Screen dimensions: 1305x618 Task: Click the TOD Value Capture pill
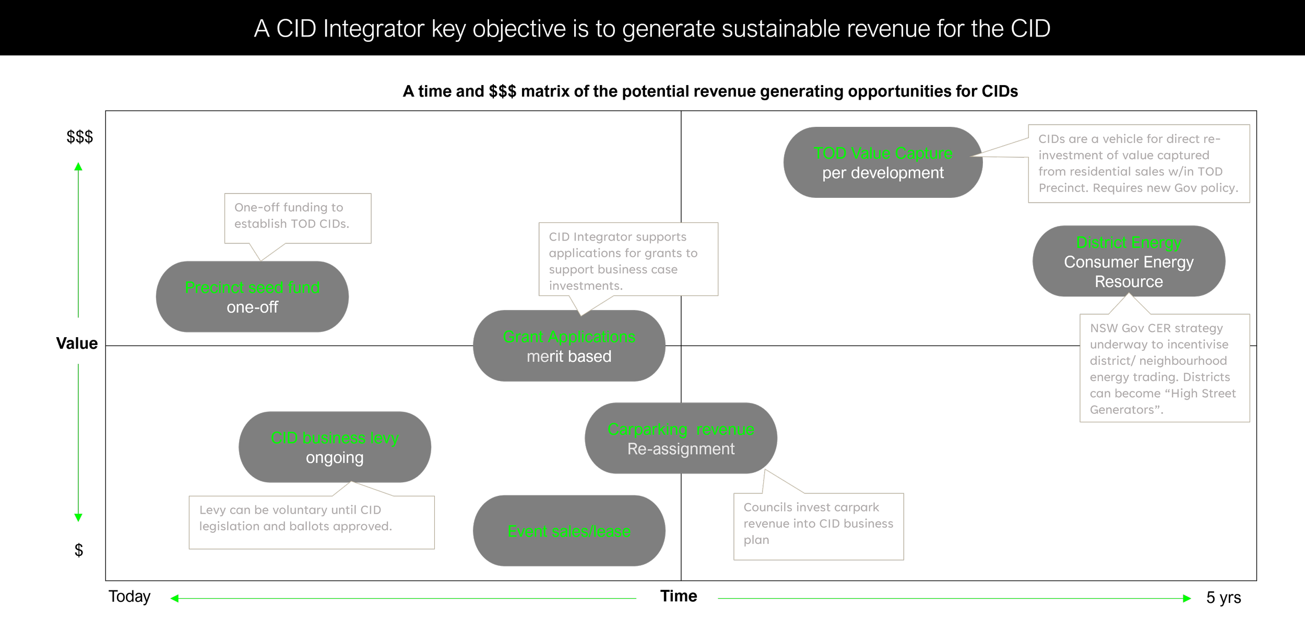[x=883, y=162]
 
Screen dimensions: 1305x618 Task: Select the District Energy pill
[x=1129, y=261]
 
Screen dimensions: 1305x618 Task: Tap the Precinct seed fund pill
[x=252, y=296]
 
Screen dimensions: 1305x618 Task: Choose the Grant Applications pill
[x=569, y=346]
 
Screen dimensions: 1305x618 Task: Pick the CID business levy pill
[x=335, y=447]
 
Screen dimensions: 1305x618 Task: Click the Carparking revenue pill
[x=681, y=438]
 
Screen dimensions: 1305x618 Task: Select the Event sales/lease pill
[x=569, y=531]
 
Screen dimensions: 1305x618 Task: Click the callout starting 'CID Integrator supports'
[x=628, y=259]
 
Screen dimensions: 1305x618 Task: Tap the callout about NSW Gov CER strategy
[x=1164, y=368]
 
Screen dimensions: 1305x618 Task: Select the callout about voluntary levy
[x=311, y=521]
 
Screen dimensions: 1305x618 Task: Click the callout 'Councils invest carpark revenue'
[x=818, y=526]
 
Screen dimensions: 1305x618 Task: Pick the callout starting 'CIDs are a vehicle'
[x=1138, y=163]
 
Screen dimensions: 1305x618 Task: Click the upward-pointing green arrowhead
[x=78, y=167]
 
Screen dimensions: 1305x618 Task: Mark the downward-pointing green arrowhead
[x=78, y=517]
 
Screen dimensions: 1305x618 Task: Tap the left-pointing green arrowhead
[x=175, y=598]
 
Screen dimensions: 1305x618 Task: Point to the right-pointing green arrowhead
[x=1187, y=598]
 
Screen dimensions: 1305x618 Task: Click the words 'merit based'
[x=569, y=356]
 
